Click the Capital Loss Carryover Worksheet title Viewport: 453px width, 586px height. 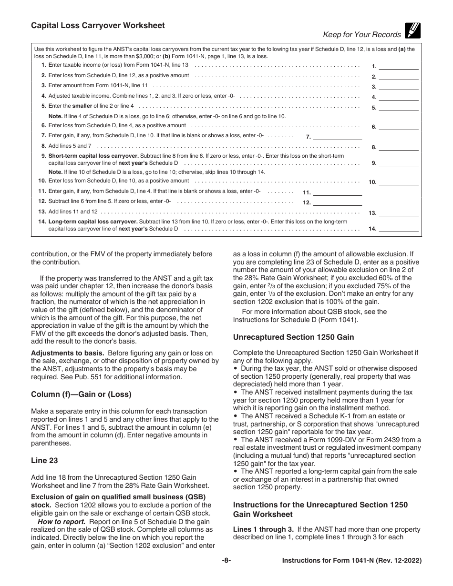pos(98,26)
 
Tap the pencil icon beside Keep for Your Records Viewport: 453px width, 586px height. pos(412,30)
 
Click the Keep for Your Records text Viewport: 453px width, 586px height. pos(355,34)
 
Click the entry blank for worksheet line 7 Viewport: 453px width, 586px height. pos(337,136)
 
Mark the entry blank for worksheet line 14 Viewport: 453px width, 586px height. pos(399,229)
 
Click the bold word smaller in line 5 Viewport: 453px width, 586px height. pos(82,106)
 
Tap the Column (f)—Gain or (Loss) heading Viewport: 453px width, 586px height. pos(81,394)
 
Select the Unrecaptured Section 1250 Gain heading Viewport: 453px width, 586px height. pos(293,337)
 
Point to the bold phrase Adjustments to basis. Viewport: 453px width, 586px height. pos(68,353)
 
